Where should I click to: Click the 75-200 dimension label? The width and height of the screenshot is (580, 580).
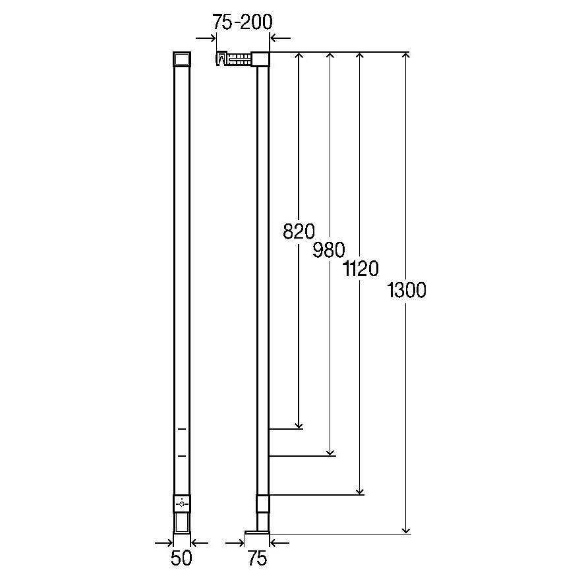click(x=243, y=22)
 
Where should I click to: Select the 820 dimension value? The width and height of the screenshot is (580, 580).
click(x=299, y=231)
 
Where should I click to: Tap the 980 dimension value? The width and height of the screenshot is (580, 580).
click(x=328, y=250)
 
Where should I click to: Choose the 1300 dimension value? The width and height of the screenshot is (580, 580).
click(x=407, y=289)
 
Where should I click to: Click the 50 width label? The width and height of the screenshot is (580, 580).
click(x=181, y=558)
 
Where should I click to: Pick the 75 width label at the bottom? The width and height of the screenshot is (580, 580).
click(x=257, y=558)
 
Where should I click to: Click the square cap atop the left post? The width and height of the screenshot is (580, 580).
click(x=182, y=59)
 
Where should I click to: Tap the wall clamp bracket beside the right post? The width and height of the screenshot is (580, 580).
click(x=233, y=59)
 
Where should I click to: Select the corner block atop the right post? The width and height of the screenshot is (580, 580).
click(x=260, y=59)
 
